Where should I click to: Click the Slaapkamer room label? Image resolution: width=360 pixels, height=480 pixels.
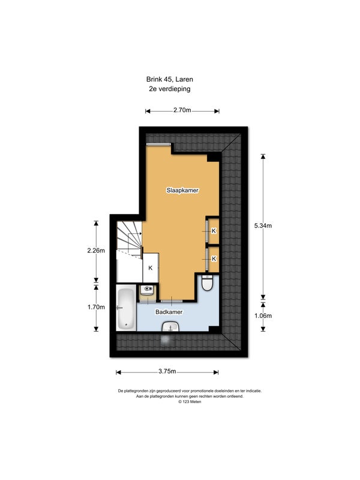click(x=182, y=190)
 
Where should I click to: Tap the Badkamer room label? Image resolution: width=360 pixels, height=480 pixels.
click(x=169, y=312)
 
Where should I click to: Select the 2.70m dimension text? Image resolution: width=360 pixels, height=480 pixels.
click(x=182, y=110)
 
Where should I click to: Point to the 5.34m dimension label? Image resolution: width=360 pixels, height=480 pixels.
click(x=263, y=226)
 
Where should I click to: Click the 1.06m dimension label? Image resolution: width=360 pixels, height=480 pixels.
click(x=263, y=316)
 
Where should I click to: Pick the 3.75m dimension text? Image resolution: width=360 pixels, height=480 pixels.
click(x=167, y=371)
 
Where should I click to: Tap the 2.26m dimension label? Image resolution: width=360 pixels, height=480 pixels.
click(x=96, y=250)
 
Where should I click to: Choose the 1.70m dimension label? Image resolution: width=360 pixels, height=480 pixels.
click(x=96, y=307)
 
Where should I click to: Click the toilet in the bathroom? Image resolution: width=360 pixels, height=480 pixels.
click(x=208, y=283)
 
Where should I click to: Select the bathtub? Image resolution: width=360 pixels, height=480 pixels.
click(x=126, y=308)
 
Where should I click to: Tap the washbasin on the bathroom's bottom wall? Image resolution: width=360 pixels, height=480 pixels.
click(x=171, y=326)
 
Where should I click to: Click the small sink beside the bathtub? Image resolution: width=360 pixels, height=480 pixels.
click(x=148, y=290)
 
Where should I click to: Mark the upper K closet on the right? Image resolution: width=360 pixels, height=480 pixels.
click(x=214, y=230)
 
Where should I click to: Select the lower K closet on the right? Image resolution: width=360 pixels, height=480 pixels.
click(x=214, y=259)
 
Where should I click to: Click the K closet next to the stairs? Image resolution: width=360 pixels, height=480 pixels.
click(x=151, y=268)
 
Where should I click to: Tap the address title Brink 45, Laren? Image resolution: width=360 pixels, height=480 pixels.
click(x=170, y=79)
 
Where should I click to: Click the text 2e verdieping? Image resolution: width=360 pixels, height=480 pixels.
click(x=170, y=89)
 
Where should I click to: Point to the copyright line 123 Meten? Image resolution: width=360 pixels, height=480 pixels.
click(x=190, y=402)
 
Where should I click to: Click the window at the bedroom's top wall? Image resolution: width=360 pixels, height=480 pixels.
click(x=158, y=144)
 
